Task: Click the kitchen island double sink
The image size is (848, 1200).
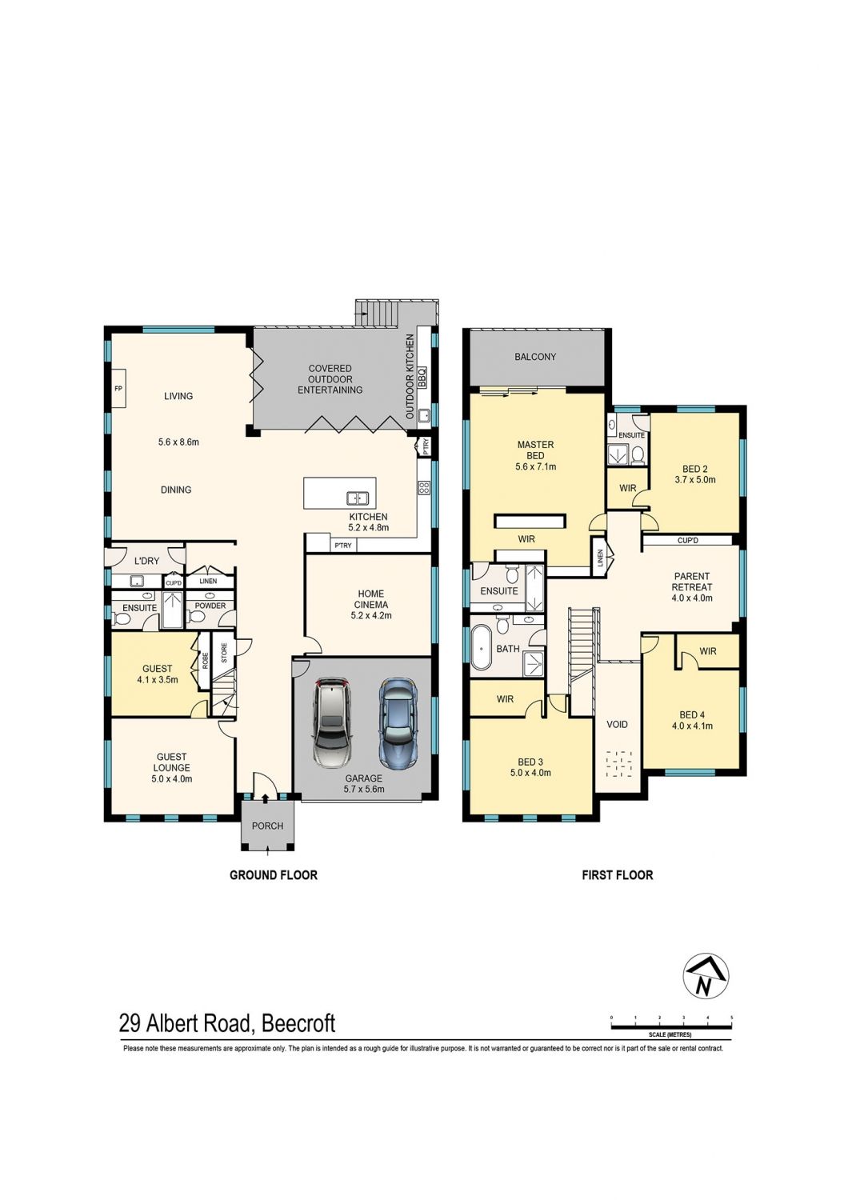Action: pyautogui.click(x=357, y=498)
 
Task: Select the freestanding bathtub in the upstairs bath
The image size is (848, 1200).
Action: pyautogui.click(x=482, y=649)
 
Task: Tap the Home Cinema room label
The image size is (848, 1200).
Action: pyautogui.click(x=370, y=604)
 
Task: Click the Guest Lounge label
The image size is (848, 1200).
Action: pyautogui.click(x=171, y=768)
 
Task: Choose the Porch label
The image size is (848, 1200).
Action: pyautogui.click(x=267, y=826)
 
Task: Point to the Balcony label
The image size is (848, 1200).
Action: pyautogui.click(x=535, y=357)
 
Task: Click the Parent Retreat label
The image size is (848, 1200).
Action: pyautogui.click(x=691, y=587)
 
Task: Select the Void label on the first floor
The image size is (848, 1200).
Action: pyautogui.click(x=617, y=724)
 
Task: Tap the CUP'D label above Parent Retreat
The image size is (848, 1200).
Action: pyautogui.click(x=688, y=541)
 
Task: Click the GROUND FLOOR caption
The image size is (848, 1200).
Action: pyautogui.click(x=274, y=875)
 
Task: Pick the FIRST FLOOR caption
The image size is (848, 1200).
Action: pyautogui.click(x=617, y=875)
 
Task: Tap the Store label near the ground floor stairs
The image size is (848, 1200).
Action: pyautogui.click(x=224, y=653)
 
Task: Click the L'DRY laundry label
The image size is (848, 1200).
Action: pyautogui.click(x=146, y=561)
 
